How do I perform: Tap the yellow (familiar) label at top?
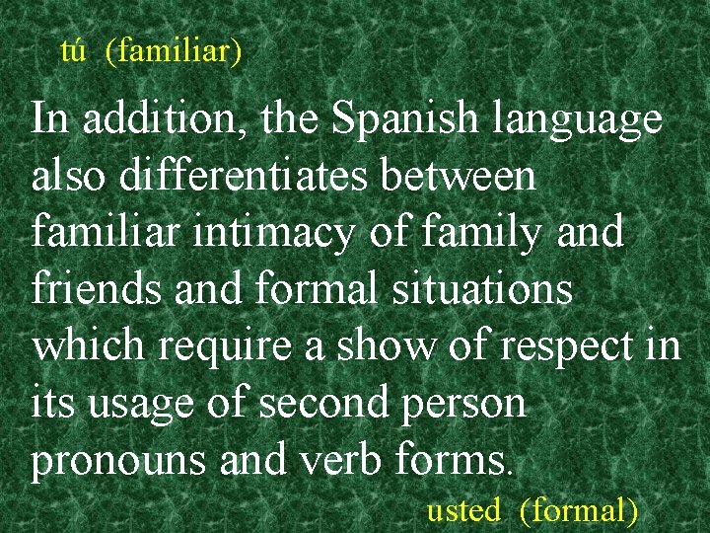pyautogui.click(x=174, y=50)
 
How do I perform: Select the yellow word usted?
pyautogui.click(x=463, y=510)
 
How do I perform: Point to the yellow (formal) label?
pyautogui.click(x=578, y=510)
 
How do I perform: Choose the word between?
pyautogui.click(x=461, y=178)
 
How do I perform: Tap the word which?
pyautogui.click(x=89, y=347)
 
